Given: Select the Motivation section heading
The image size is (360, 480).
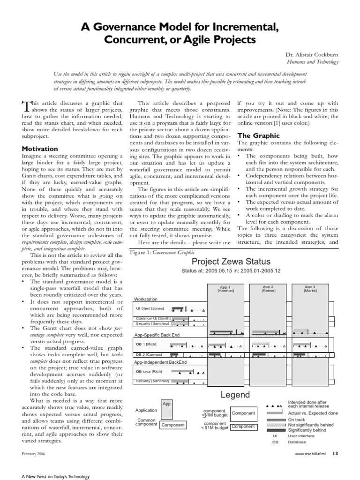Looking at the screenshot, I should (x=40, y=149).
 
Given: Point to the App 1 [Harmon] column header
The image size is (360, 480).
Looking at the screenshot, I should (x=225, y=288).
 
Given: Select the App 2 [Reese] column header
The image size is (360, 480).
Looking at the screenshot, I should (x=268, y=288).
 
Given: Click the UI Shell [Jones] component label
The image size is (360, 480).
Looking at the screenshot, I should (x=150, y=308).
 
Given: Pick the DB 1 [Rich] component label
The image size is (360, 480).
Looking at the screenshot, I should (x=146, y=345).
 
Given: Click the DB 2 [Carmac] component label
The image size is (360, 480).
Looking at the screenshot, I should (x=149, y=354).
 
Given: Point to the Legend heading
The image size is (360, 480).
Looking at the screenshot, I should (x=235, y=394).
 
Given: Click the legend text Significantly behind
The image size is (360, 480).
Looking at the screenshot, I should (x=307, y=429).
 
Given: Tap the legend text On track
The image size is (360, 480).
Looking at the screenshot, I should (x=296, y=420).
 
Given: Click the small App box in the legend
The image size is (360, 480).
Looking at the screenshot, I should (x=166, y=404).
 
